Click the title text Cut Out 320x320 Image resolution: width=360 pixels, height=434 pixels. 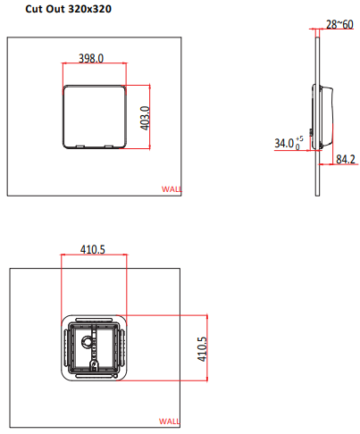[x=68, y=9]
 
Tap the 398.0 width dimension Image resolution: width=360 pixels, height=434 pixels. [x=91, y=58]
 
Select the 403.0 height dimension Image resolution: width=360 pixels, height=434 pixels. [x=145, y=118]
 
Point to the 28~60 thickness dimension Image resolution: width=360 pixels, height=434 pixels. [x=339, y=24]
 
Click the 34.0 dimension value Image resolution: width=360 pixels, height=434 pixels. [x=284, y=143]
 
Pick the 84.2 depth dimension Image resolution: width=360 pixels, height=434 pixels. [x=346, y=159]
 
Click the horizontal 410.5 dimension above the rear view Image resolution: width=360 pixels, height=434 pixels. [x=93, y=249]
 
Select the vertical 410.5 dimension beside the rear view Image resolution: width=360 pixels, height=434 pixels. [x=202, y=349]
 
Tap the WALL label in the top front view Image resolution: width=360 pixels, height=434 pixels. [x=172, y=189]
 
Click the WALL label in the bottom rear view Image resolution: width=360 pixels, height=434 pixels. [x=169, y=421]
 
